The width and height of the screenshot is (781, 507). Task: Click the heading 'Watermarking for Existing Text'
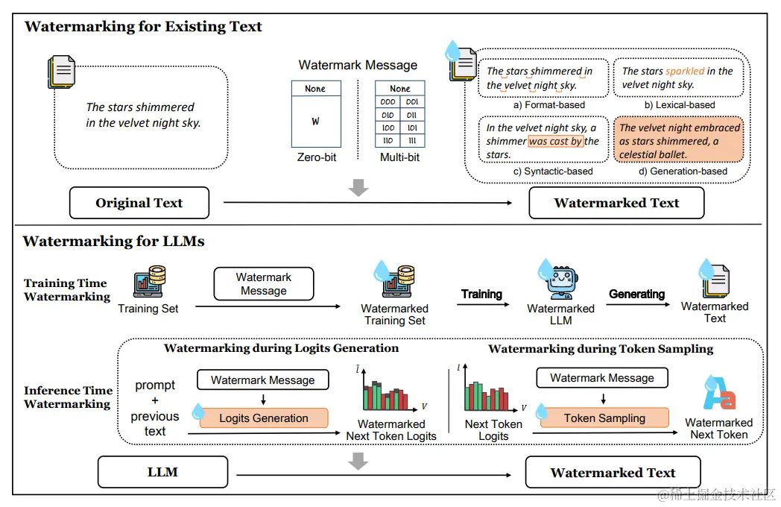[143, 27]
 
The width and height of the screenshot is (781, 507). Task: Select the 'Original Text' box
[139, 203]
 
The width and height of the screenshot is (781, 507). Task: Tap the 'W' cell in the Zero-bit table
[315, 121]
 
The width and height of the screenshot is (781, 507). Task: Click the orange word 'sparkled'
[685, 72]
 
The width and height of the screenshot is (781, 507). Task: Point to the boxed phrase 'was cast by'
[556, 141]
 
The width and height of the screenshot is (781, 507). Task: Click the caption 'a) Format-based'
[549, 104]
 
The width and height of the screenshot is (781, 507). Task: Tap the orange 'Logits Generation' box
[263, 418]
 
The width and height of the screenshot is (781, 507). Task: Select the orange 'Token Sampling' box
[604, 418]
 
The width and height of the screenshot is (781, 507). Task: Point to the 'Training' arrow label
[481, 295]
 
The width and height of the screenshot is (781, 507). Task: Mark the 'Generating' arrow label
[636, 295]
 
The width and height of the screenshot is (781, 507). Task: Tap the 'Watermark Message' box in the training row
[263, 284]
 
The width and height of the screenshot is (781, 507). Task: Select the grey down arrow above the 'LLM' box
[358, 462]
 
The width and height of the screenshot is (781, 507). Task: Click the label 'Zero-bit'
[316, 158]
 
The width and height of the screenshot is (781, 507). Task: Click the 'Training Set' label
[148, 309]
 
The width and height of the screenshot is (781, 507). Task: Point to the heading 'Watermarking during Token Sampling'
[601, 349]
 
